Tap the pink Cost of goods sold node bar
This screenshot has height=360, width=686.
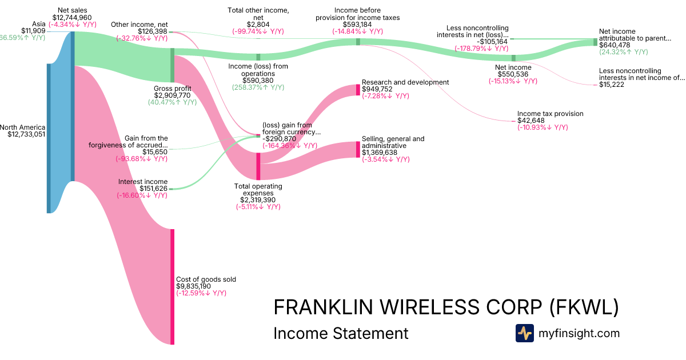(172, 286)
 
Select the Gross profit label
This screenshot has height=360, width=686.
(172, 89)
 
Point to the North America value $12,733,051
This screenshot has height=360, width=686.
(23, 134)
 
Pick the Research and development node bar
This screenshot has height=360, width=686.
(358, 89)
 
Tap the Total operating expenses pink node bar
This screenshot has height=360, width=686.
(258, 166)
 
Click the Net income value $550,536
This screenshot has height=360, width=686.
(513, 74)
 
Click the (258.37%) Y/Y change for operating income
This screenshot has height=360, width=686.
(258, 87)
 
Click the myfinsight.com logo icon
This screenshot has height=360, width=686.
(524, 333)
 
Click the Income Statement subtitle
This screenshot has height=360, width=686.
(341, 333)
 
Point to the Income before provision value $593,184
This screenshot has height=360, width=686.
(358, 25)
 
